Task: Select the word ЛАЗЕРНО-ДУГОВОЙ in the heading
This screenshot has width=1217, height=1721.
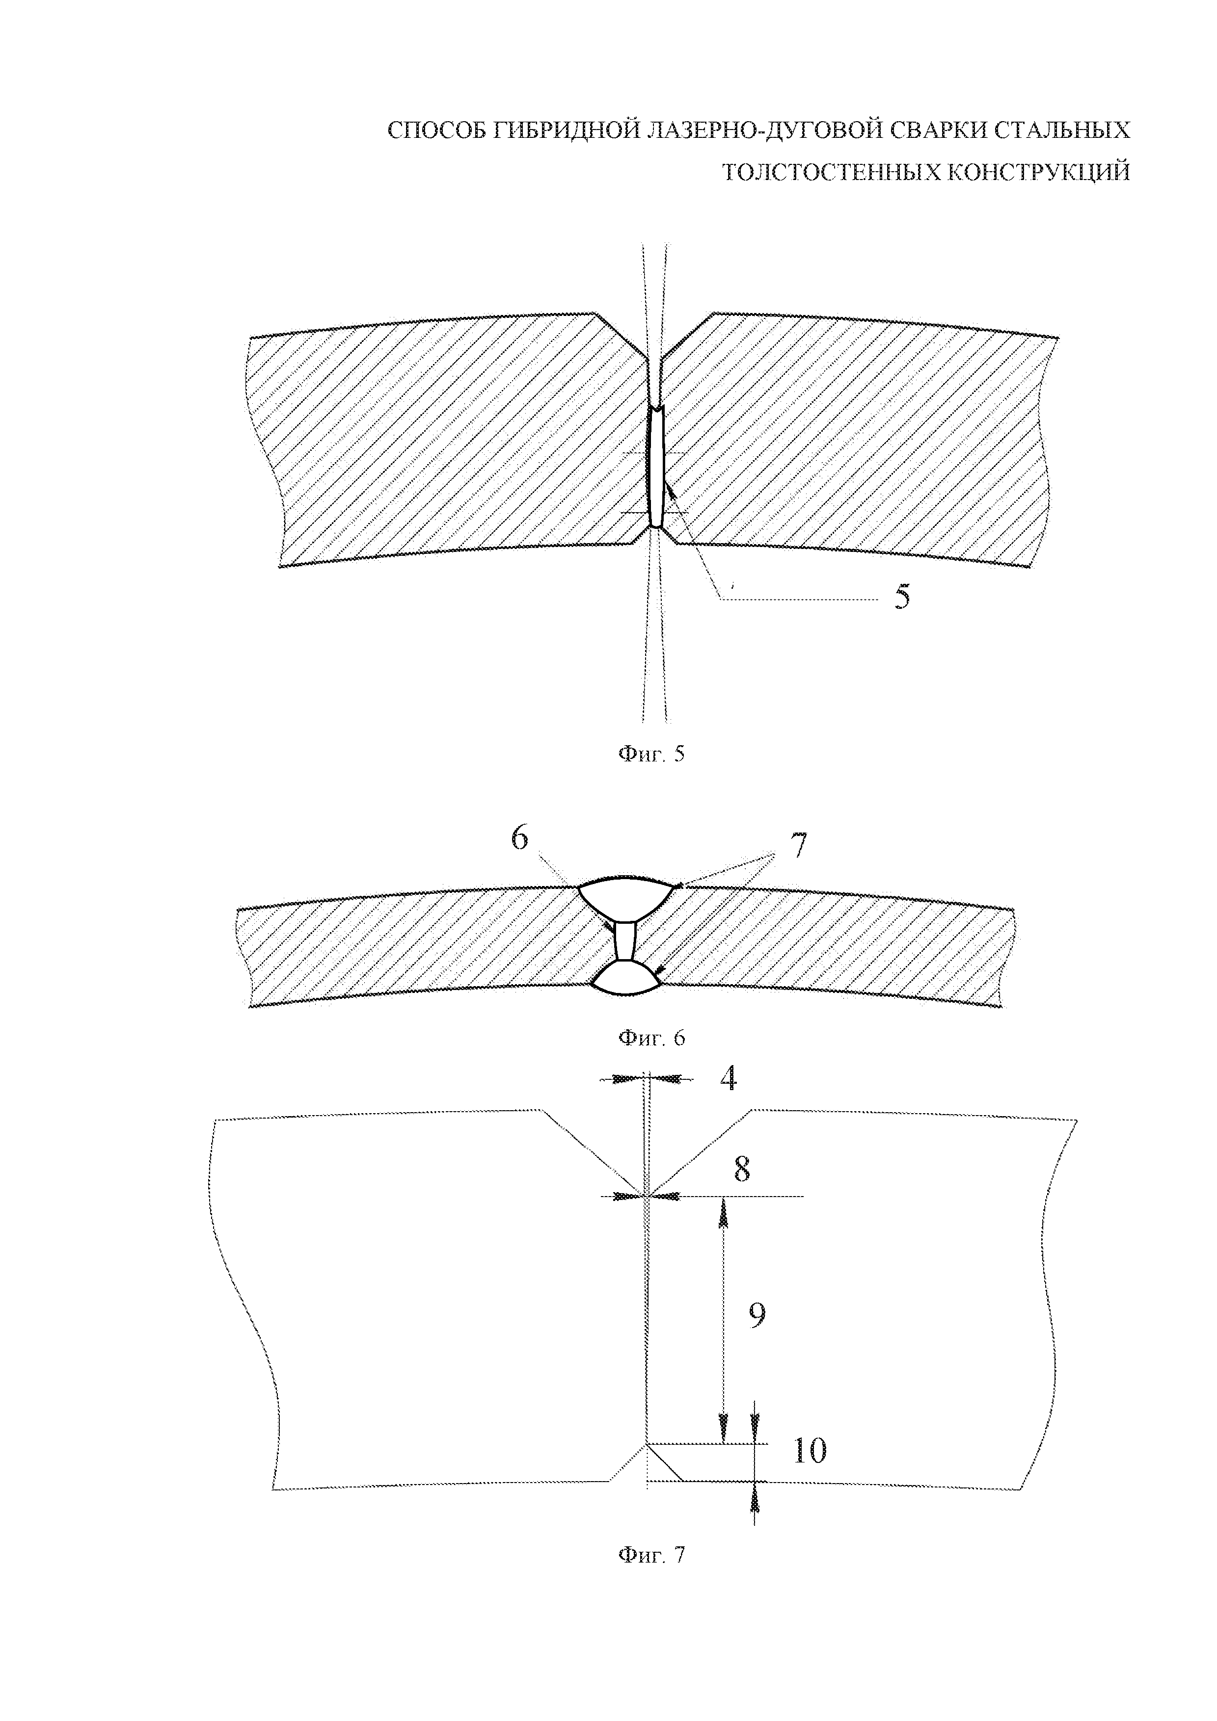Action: (751, 131)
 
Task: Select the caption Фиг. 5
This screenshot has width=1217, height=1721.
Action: (651, 754)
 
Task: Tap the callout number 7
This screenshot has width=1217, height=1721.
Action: (799, 845)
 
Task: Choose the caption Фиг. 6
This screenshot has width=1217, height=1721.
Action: (651, 1038)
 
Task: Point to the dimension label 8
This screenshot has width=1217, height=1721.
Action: (742, 1169)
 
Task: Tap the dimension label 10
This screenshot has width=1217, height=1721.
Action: (809, 1451)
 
